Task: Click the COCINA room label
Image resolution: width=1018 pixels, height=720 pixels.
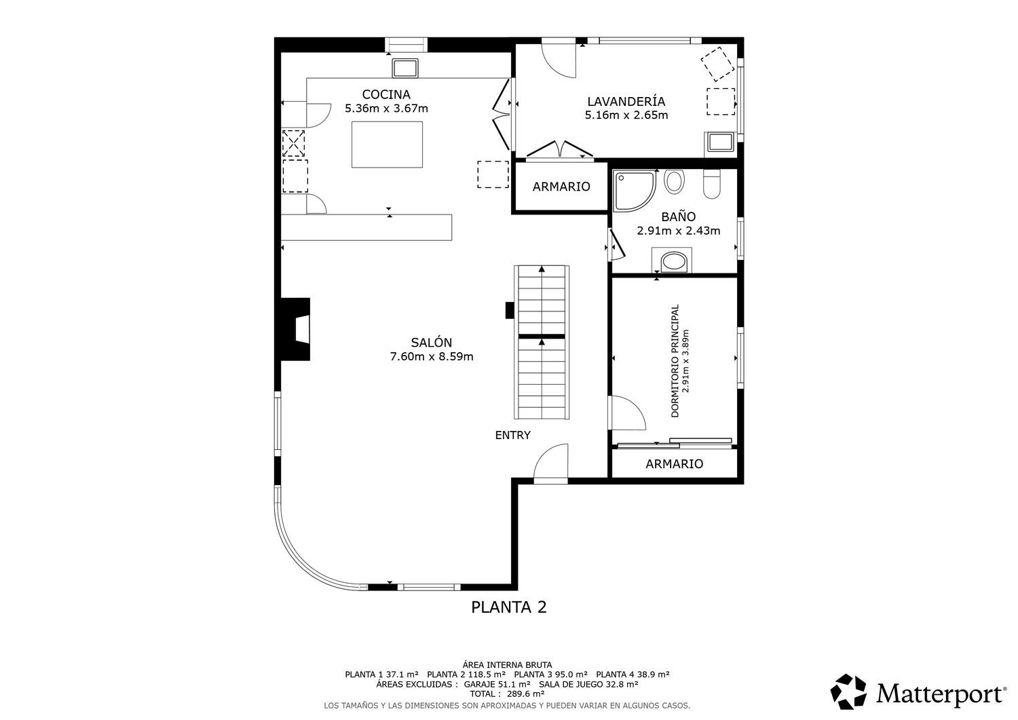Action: pos(386,94)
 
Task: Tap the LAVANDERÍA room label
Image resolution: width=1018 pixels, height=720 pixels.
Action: pos(626,101)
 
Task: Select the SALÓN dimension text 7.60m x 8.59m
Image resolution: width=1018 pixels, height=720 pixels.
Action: pos(431,357)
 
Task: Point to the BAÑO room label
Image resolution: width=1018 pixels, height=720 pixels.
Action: pos(678,216)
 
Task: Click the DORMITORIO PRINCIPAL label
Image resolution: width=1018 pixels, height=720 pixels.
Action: pos(675,361)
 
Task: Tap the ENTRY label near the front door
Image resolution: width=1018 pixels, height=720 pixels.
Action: pos(512,436)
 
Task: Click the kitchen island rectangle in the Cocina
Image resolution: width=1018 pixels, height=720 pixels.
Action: pos(387,145)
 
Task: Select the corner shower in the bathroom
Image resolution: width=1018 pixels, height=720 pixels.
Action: pos(635,191)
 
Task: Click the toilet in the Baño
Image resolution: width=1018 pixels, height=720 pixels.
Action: pos(712,184)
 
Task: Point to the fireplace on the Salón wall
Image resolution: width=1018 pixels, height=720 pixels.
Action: pos(295,329)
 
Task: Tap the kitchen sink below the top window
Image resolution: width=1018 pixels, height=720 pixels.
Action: pos(405,68)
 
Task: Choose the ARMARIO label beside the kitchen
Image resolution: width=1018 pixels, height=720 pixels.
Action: pos(561,187)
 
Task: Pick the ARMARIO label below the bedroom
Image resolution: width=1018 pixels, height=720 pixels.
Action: pos(675,464)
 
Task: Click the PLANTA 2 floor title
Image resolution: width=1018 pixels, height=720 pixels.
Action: pos(508,607)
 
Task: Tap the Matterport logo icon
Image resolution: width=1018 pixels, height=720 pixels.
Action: pos(848,691)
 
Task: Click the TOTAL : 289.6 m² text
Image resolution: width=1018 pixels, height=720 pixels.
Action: pos(507,694)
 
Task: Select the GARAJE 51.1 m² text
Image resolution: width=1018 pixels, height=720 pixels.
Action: pos(497,684)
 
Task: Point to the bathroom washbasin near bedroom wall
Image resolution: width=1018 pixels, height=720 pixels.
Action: pos(672,261)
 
